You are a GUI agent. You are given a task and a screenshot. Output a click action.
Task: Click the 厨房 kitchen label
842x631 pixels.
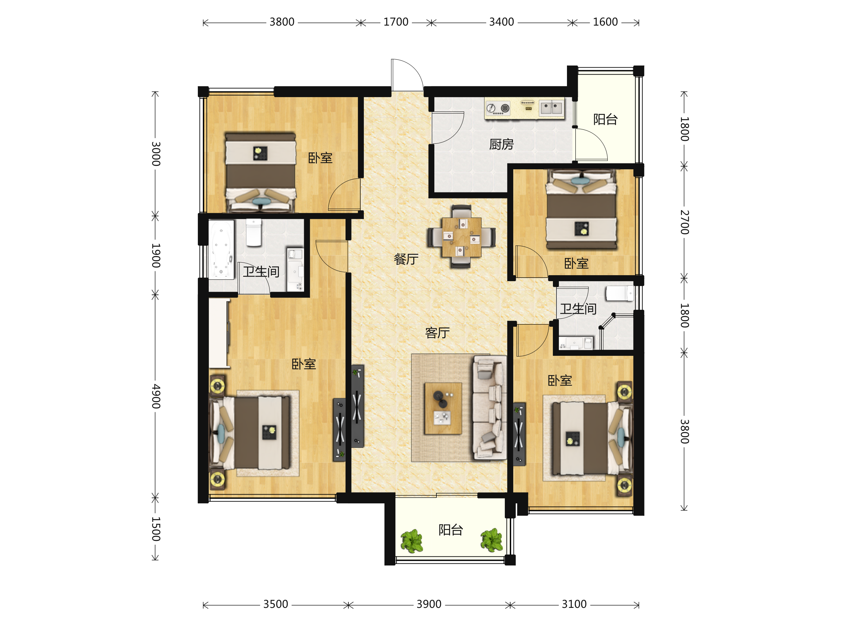coord(501,144)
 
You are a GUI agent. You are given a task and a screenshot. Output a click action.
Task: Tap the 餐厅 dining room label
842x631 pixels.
coord(406,259)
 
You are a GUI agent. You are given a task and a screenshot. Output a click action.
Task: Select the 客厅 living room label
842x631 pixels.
coord(437,333)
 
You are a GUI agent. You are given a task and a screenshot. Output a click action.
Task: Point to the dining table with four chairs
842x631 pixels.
coord(461,237)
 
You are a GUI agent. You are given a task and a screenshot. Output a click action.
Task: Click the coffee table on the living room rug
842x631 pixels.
coord(443,408)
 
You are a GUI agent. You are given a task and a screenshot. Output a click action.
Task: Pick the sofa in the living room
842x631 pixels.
coord(489,408)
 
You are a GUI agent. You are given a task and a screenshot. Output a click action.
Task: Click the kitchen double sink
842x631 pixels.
coord(551,108)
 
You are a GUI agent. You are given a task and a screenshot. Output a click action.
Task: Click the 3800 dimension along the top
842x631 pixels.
coord(282,22)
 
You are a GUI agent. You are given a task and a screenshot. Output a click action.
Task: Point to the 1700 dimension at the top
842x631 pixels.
coord(396,22)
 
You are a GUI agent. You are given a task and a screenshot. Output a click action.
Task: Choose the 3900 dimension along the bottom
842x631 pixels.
coord(429,604)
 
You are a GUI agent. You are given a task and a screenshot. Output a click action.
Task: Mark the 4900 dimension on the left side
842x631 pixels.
coord(156,396)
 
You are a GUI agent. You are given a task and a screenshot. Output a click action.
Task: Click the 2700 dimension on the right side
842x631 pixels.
coord(684,222)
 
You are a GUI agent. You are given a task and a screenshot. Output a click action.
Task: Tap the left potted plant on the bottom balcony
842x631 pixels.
coord(412,541)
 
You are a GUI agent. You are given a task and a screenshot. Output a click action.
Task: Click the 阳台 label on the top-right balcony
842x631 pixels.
coord(605,120)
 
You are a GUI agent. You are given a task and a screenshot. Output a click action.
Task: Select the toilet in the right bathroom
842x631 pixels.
coord(620,293)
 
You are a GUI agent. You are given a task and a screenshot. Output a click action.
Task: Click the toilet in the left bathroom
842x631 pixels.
coord(254,232)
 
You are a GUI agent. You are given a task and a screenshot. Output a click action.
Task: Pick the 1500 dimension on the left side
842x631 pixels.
coord(156,529)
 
